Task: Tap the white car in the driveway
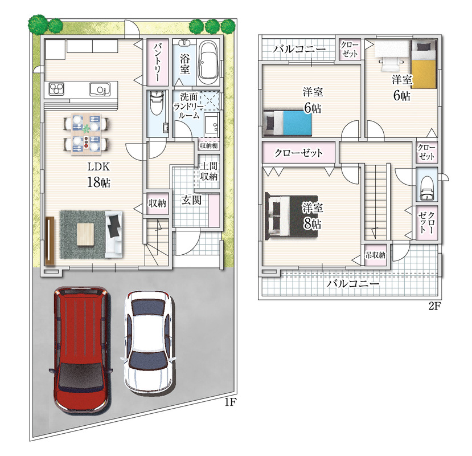coord(149,342)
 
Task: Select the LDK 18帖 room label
coord(98,175)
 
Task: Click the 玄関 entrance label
coord(191,200)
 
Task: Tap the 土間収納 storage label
coord(208,171)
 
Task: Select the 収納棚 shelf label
coord(208,145)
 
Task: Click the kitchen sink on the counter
coord(98,89)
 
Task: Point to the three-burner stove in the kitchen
coord(56,89)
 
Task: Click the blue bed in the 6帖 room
coord(287,123)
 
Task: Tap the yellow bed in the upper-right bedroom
coord(424,64)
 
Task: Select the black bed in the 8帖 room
coord(292,217)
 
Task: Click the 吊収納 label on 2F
coord(375,255)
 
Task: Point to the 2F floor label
coord(434,307)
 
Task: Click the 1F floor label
coord(229,402)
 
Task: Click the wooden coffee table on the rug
coord(86,234)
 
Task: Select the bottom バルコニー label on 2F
coord(353,283)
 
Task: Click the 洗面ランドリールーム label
coord(189,106)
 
